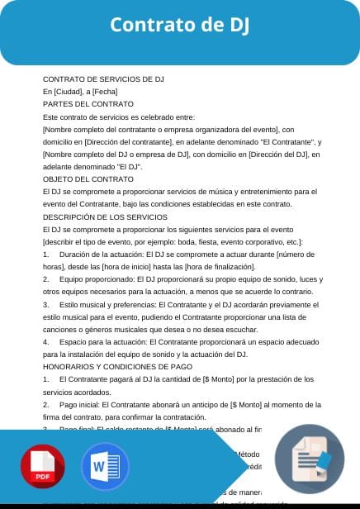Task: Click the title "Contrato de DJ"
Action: tap(179, 26)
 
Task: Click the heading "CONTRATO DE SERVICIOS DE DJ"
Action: tap(103, 78)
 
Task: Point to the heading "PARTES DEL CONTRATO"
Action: tap(88, 104)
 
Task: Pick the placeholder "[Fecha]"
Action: tap(105, 91)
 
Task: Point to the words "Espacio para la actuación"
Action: tap(103, 341)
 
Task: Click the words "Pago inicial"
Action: tap(80, 404)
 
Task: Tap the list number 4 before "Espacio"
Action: tap(45, 341)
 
